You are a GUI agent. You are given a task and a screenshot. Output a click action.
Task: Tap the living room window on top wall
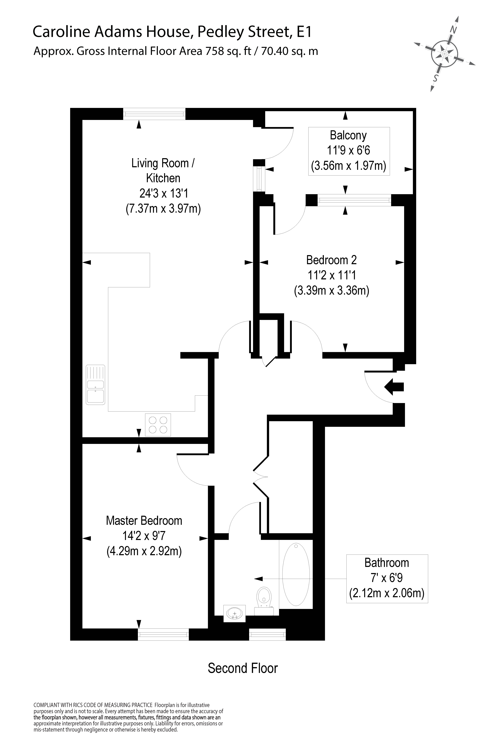[154, 114]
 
